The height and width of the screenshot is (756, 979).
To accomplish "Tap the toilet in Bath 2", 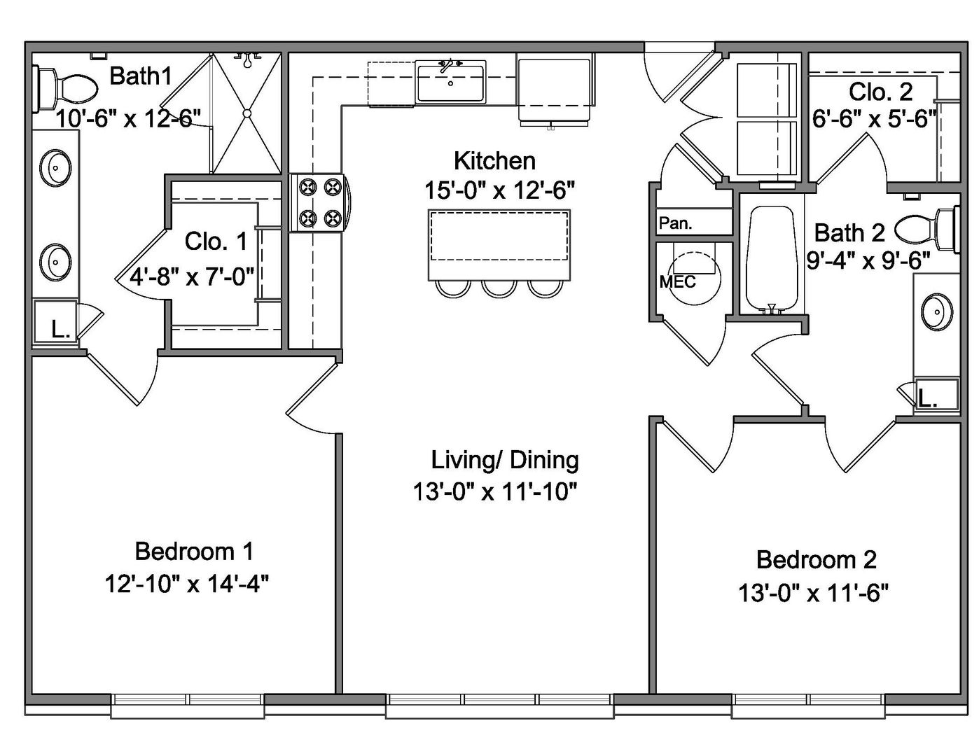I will (927, 229).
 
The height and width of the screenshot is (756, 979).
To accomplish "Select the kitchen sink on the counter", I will (450, 82).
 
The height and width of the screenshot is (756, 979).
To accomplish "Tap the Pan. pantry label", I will (676, 223).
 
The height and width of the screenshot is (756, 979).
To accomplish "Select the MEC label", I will (677, 281).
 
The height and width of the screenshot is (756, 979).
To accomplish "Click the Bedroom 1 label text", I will (193, 552).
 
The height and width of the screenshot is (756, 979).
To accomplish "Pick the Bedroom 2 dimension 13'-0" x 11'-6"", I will (813, 594).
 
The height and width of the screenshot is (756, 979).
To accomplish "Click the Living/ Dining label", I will (504, 460).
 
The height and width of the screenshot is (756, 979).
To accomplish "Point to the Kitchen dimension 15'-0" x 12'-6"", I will (499, 190).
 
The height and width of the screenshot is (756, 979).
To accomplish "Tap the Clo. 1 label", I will (216, 241).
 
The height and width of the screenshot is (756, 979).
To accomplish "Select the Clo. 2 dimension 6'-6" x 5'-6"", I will (874, 119).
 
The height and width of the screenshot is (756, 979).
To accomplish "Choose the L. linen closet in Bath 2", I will (929, 399).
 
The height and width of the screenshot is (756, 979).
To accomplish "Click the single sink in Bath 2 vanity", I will (934, 312).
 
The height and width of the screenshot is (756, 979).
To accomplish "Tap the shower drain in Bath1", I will (247, 113).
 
